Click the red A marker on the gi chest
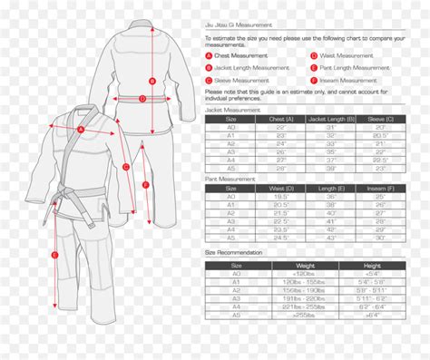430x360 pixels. [x=79, y=130]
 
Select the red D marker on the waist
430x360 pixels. [x=142, y=102]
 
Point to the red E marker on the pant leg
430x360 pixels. [x=54, y=256]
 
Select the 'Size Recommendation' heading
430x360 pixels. [x=234, y=251]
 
